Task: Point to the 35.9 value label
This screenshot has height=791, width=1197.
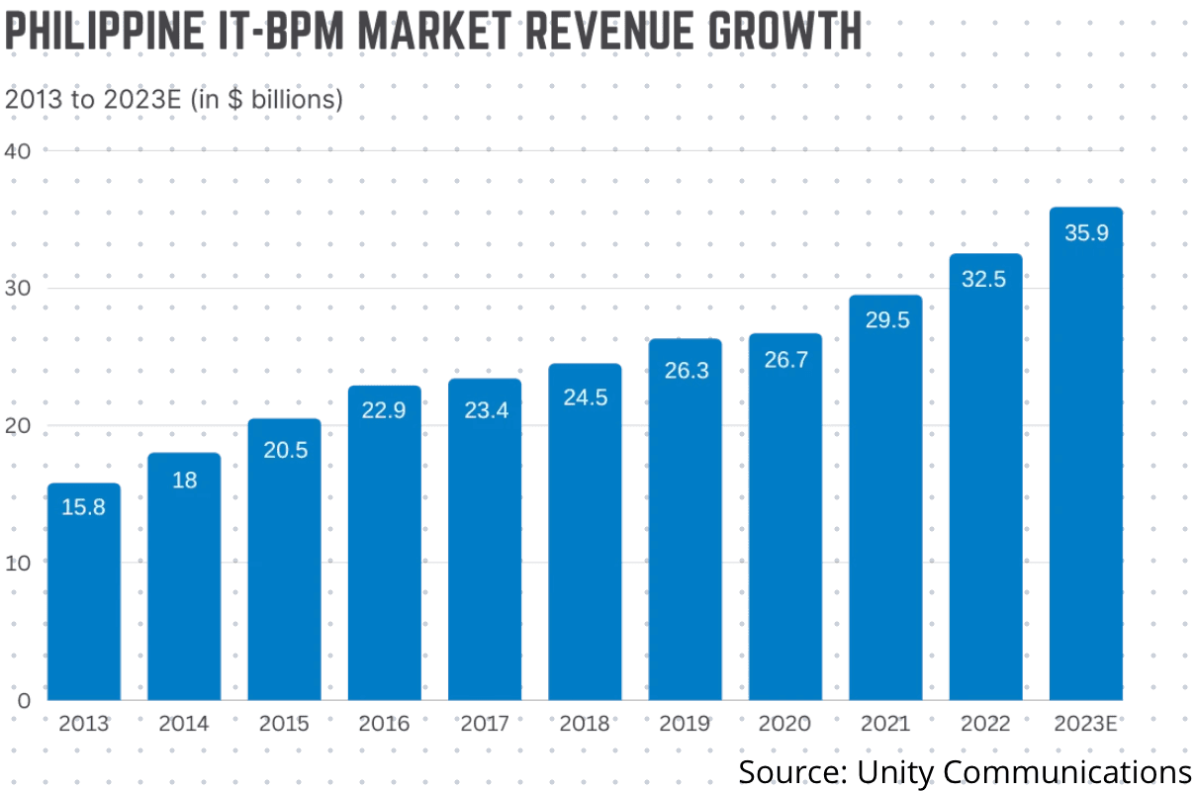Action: pos(1085,235)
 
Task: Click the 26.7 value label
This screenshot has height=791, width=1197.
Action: pos(785,360)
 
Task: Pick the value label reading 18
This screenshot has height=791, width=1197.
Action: pos(184,481)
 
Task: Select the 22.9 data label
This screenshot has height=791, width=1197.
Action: pos(384,410)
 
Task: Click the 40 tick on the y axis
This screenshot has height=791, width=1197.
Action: pos(20,150)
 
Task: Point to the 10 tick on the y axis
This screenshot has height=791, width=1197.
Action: pos(20,562)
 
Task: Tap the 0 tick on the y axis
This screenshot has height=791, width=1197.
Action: pos(25,700)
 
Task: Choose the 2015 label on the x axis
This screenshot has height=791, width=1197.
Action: pos(284,724)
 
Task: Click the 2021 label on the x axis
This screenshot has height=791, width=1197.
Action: pos(885,724)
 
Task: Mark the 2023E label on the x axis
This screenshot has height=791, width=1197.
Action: pos(1085,724)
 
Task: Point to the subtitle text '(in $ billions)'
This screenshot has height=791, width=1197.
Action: pos(266,100)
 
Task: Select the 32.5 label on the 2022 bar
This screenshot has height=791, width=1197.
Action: pos(985,280)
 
